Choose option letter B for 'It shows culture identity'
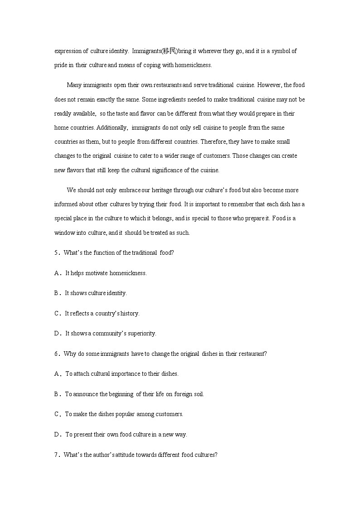pyautogui.click(x=57, y=293)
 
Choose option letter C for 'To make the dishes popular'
pyautogui.click(x=57, y=414)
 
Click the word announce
pyautogui.click(x=84, y=394)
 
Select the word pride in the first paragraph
pyautogui.click(x=61, y=65)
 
